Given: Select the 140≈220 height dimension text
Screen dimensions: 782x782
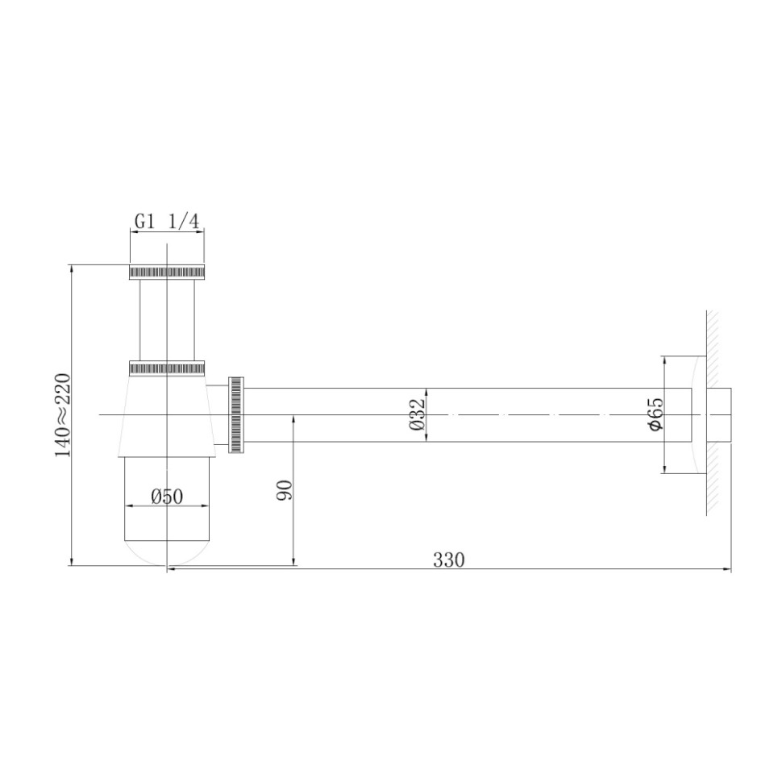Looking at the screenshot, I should (x=63, y=415).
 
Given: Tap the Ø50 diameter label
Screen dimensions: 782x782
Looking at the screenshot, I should (x=167, y=497).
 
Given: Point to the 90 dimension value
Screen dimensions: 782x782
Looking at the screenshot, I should (x=284, y=489).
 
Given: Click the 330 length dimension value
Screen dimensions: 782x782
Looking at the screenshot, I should (x=448, y=559).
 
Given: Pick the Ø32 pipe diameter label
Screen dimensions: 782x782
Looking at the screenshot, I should (x=417, y=414).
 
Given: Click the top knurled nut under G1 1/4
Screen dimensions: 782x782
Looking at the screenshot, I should (x=167, y=272).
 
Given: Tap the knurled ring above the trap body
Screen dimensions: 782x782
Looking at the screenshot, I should (x=167, y=368).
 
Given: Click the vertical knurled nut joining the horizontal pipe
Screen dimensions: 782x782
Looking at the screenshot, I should (x=237, y=414).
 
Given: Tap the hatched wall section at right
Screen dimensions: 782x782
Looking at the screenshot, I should (x=713, y=339).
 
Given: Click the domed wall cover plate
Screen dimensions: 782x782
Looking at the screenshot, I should (x=698, y=414).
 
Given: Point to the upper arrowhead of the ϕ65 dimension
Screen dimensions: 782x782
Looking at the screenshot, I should (x=664, y=361).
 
